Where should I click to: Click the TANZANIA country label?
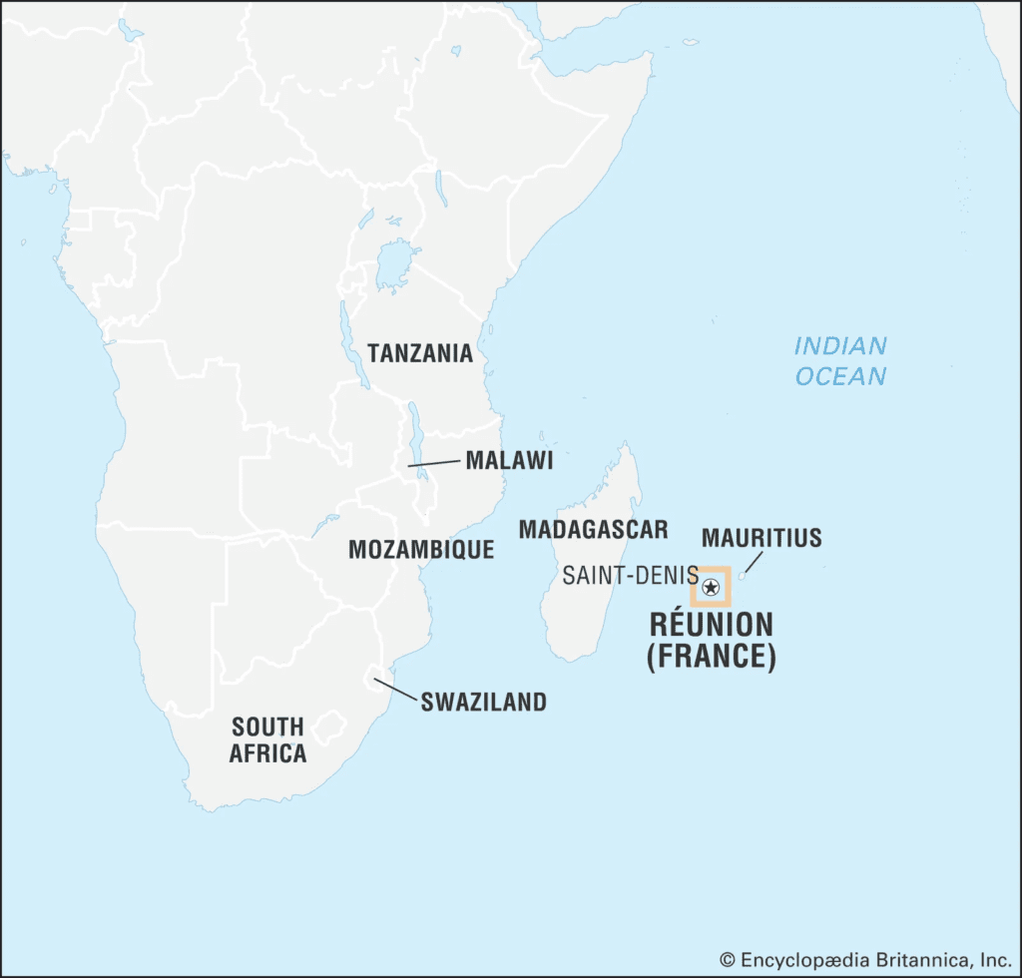click(419, 353)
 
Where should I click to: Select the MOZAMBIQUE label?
click(420, 549)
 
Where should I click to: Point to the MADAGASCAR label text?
click(593, 529)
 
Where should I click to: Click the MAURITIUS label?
click(762, 538)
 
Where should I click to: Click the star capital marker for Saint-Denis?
click(711, 586)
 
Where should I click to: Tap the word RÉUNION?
click(711, 625)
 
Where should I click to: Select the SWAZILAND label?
click(483, 702)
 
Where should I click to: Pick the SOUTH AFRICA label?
click(267, 739)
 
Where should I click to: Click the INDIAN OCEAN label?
click(840, 360)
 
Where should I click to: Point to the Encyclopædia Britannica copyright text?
click(864, 959)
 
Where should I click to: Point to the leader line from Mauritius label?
click(753, 565)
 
